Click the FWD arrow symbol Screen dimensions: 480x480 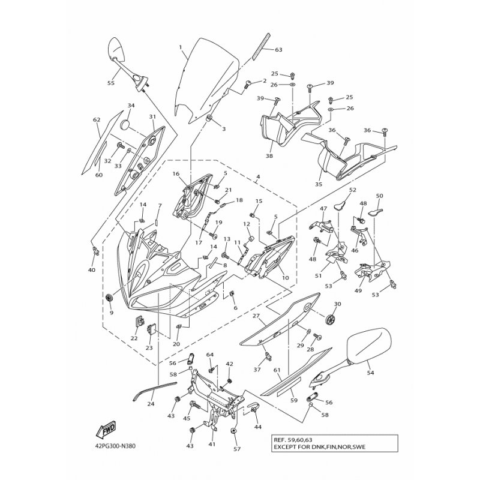(x=106, y=430)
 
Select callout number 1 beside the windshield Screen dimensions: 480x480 (x=180, y=46)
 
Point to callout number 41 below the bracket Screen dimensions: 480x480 (x=211, y=445)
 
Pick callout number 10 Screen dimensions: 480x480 (x=285, y=278)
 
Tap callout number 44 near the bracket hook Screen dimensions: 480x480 (x=259, y=427)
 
